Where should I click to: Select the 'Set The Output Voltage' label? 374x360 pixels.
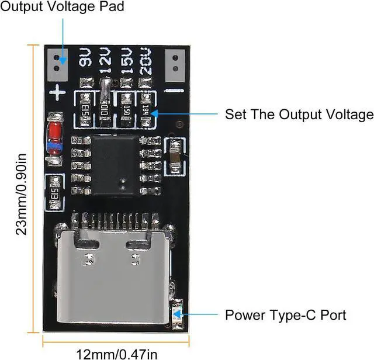coord(299,114)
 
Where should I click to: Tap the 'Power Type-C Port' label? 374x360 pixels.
coord(285,315)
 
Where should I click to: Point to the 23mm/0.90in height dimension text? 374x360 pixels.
coord(21,193)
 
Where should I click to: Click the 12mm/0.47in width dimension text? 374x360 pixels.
coord(117,352)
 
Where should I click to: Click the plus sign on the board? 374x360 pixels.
coord(57,92)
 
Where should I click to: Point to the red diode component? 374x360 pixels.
coord(54,134)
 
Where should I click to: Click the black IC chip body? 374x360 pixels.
coord(115,165)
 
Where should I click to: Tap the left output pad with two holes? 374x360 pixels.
coord(57,64)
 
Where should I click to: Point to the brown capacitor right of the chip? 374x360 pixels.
coord(174,155)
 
